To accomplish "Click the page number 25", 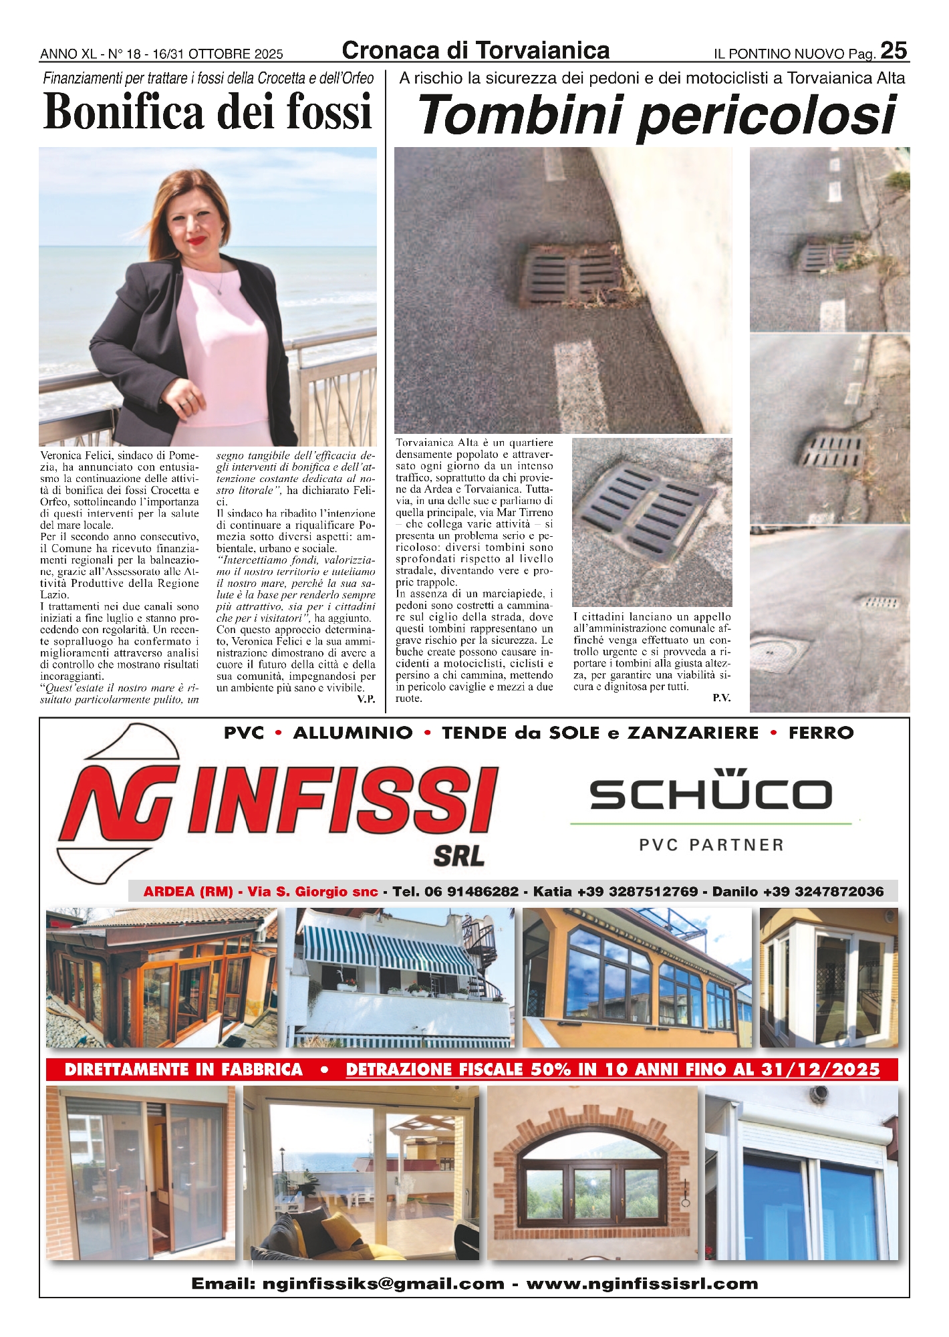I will pos(894,51).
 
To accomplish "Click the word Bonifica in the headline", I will pos(124,112).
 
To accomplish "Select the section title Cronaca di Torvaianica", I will pos(475,51).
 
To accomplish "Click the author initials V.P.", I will pos(366,699).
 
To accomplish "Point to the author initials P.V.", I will pos(721,698).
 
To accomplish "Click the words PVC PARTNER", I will pos(711,845).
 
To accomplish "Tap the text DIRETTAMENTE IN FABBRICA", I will pos(184,1070).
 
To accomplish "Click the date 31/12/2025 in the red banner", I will pos(820,1070).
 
